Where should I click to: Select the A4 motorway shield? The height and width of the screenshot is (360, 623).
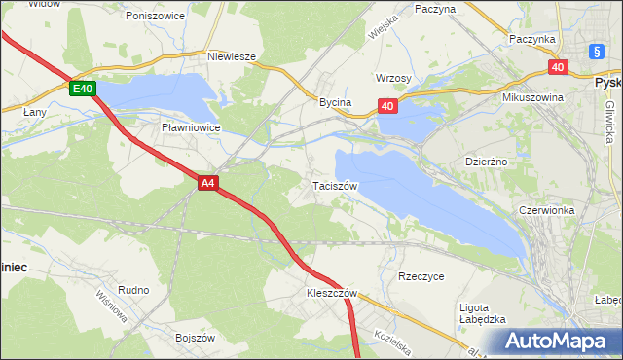(207, 181)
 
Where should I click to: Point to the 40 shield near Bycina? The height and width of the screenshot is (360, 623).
(387, 106)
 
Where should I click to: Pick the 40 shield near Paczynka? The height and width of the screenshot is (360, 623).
(557, 67)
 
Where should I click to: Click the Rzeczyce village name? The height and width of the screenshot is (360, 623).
(421, 276)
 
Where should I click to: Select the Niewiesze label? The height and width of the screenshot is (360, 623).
(231, 56)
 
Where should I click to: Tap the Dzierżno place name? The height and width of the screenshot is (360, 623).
(488, 162)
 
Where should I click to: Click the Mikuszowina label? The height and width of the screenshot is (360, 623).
(534, 98)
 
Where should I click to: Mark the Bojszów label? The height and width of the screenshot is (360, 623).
(195, 338)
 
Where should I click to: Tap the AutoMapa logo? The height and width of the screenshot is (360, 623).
(560, 341)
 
